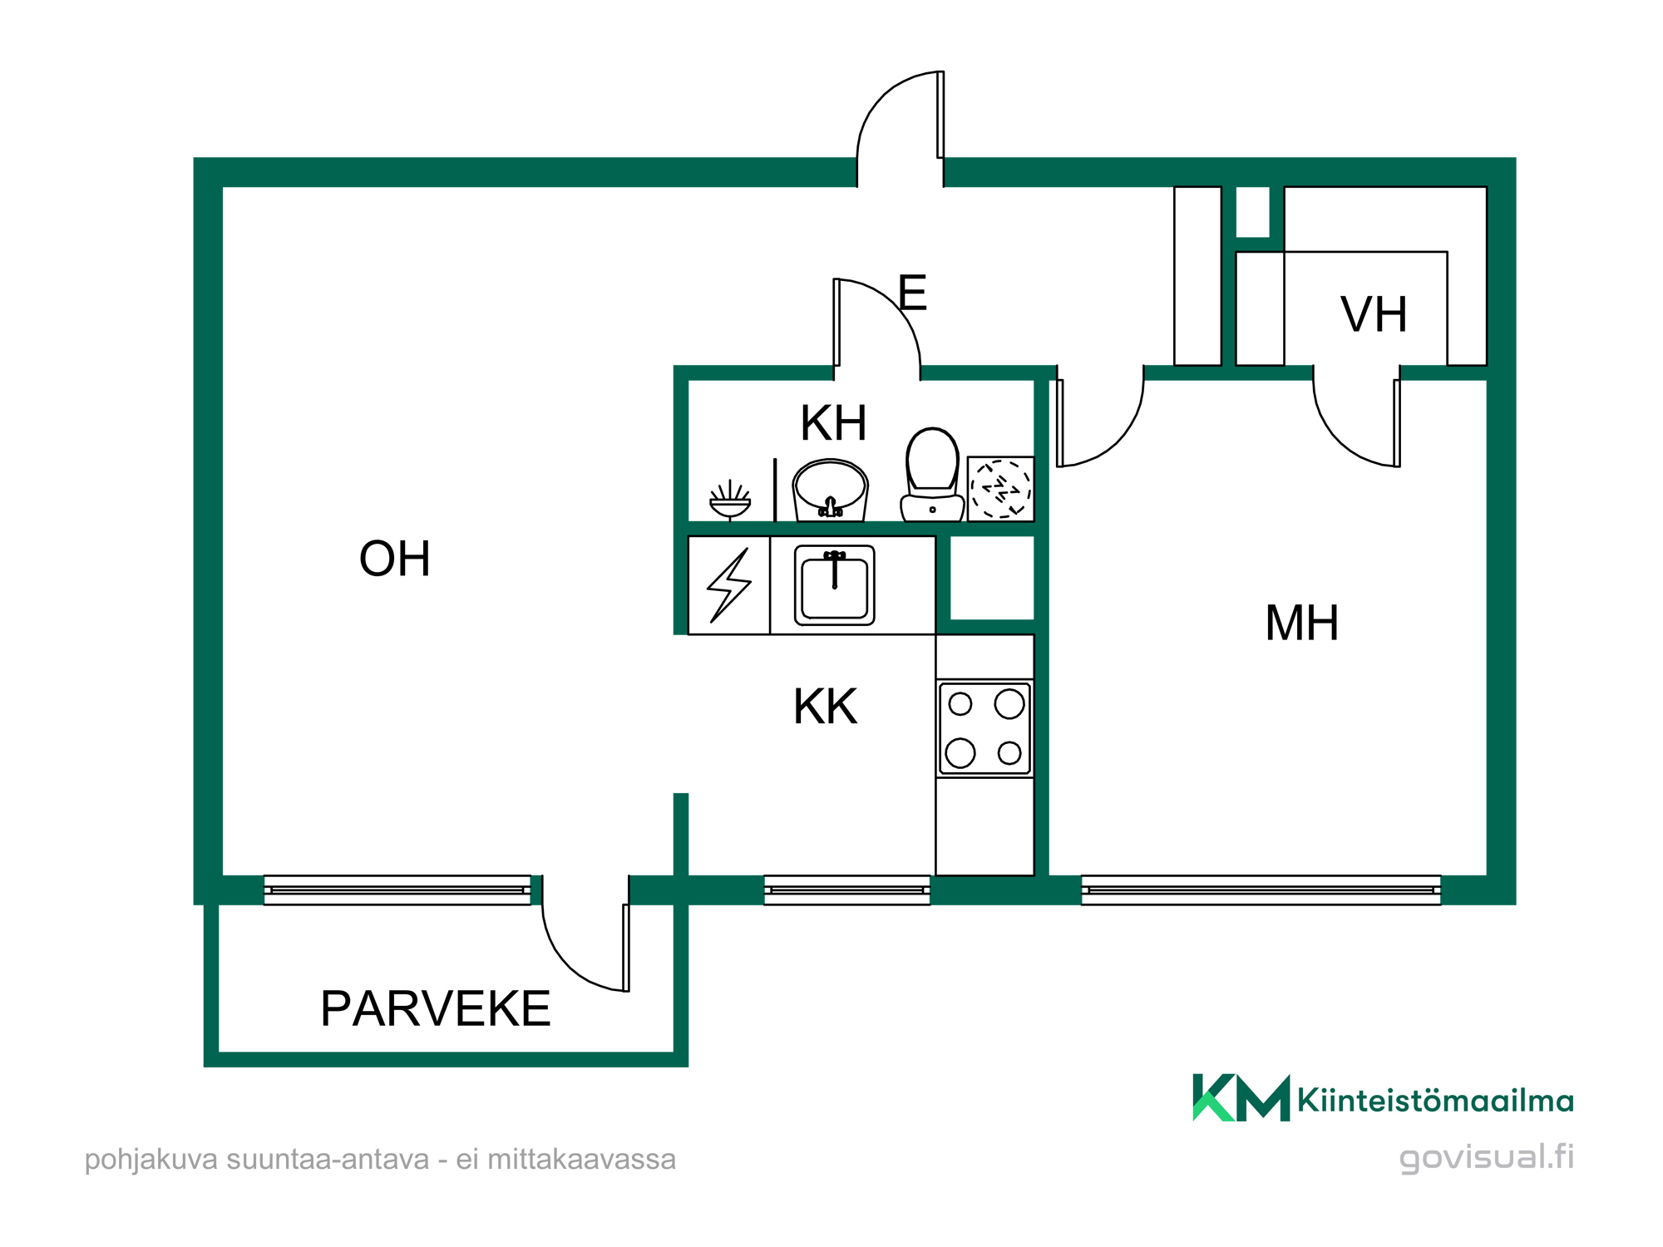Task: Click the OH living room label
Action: coord(395,559)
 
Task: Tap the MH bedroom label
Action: coord(1302,623)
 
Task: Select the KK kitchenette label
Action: coord(825,707)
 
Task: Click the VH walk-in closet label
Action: coord(1374,314)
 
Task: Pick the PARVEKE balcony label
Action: coord(436,1008)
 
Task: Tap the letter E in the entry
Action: coord(912,293)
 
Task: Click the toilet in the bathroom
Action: coord(932,475)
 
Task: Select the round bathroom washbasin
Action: coord(830,490)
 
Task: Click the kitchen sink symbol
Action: coord(834,585)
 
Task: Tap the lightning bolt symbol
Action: coord(729,585)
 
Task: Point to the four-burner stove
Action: coord(984,728)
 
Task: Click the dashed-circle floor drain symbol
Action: coord(1001,489)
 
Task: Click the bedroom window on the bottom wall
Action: coord(1261,890)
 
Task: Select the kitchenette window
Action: coord(846,890)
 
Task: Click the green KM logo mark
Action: coord(1241,1098)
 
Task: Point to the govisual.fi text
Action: coord(1486,1157)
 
